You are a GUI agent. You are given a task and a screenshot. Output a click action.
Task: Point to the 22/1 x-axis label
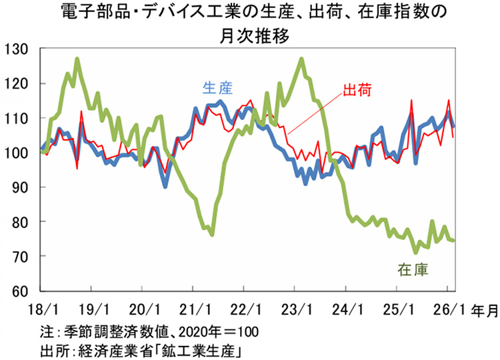click(244, 309)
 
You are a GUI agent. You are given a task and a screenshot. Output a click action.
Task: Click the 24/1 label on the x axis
click(346, 309)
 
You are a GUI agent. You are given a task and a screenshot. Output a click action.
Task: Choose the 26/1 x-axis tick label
click(447, 309)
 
